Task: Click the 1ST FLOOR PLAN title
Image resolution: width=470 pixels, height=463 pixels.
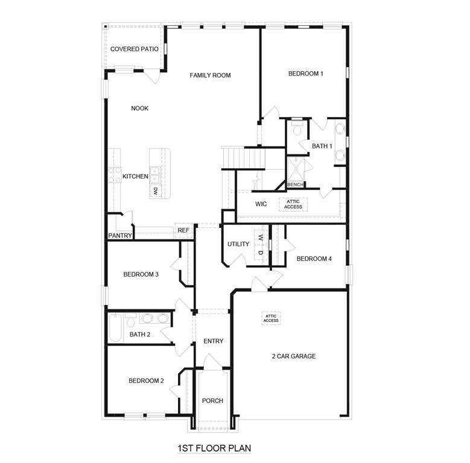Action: pyautogui.click(x=214, y=449)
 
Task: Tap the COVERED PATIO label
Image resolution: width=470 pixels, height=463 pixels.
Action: pyautogui.click(x=135, y=49)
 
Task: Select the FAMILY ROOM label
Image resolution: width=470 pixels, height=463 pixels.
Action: pyautogui.click(x=210, y=75)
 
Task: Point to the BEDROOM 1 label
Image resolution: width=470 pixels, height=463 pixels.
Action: pyautogui.click(x=305, y=74)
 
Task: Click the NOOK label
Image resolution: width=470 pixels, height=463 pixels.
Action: pyautogui.click(x=140, y=109)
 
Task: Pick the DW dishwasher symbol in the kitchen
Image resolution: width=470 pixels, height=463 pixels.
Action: pyautogui.click(x=155, y=191)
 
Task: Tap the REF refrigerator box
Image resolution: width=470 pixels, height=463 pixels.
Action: pyautogui.click(x=183, y=230)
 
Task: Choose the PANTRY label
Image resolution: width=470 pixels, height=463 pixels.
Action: pyautogui.click(x=120, y=236)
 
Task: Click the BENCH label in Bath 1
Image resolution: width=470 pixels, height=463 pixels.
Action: pyautogui.click(x=295, y=184)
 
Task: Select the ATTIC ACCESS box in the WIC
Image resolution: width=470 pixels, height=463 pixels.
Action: pyautogui.click(x=293, y=204)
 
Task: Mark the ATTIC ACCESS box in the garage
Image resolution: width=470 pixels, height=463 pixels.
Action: pyautogui.click(x=271, y=318)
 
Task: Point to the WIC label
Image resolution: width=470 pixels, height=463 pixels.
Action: pyautogui.click(x=261, y=204)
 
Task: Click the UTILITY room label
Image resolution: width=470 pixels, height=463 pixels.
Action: pyautogui.click(x=238, y=244)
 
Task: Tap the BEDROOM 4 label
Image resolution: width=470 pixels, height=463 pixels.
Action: pyautogui.click(x=314, y=259)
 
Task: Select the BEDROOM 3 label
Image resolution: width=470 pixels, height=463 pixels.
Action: pyautogui.click(x=141, y=274)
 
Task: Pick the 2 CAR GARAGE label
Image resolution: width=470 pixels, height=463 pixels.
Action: pyautogui.click(x=293, y=356)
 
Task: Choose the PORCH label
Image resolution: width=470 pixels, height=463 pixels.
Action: pyautogui.click(x=212, y=401)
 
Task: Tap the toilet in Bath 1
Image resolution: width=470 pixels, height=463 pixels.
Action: pyautogui.click(x=297, y=129)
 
